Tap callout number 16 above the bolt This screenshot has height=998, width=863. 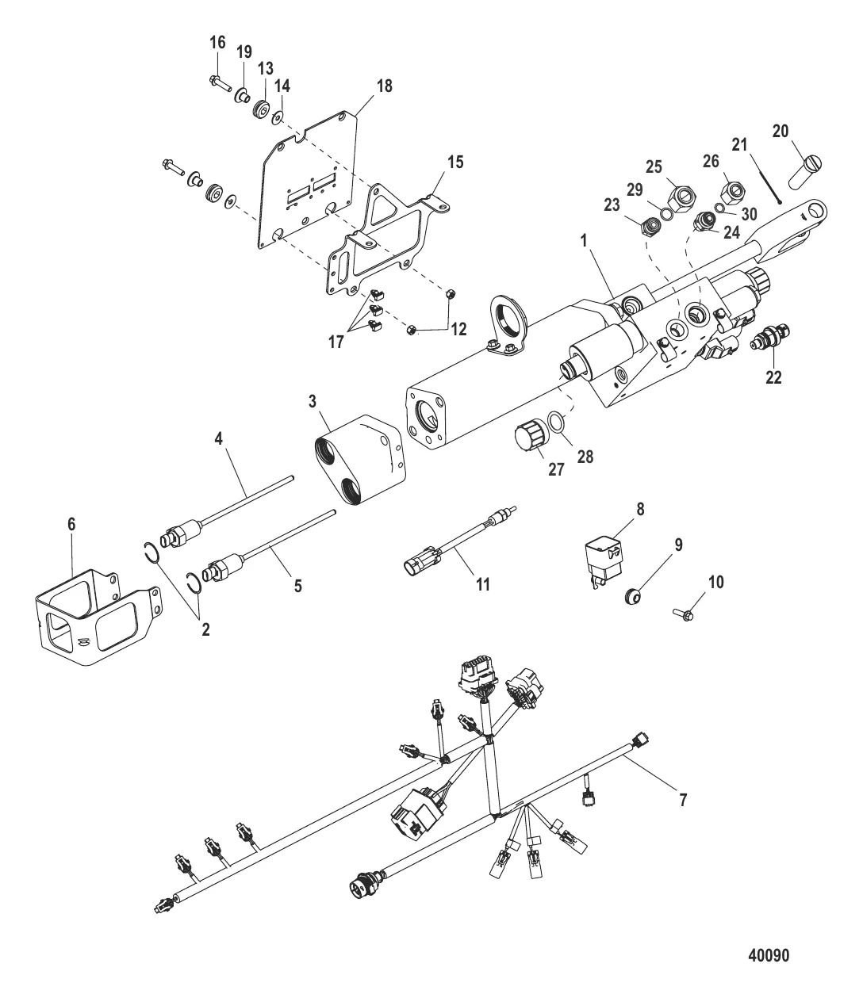pyautogui.click(x=217, y=43)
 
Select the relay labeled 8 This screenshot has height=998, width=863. pyautogui.click(x=604, y=560)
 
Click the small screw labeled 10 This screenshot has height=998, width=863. pyautogui.click(x=683, y=614)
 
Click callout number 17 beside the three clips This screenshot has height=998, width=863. pyautogui.click(x=336, y=342)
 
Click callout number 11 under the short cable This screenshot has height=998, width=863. pyautogui.click(x=483, y=584)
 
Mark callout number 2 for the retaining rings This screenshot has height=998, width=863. pyautogui.click(x=205, y=629)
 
